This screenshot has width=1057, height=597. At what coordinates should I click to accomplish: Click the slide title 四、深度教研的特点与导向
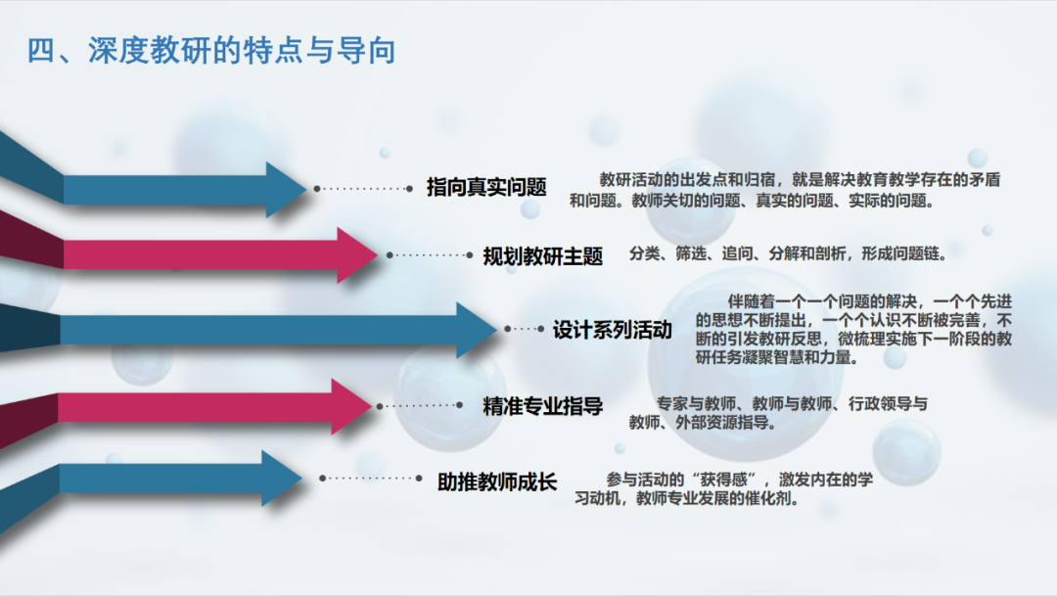click(211, 50)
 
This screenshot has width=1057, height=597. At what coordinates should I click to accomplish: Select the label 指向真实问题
click(485, 187)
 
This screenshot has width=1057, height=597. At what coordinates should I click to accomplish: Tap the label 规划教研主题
click(543, 256)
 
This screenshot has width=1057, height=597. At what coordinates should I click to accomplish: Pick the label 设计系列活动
click(613, 330)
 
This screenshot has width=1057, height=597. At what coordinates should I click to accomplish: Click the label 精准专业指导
click(543, 406)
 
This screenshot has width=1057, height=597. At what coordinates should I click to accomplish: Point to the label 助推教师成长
click(497, 482)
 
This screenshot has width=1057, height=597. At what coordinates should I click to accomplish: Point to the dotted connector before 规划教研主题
click(430, 255)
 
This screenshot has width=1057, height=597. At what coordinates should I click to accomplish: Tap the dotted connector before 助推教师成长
click(371, 479)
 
